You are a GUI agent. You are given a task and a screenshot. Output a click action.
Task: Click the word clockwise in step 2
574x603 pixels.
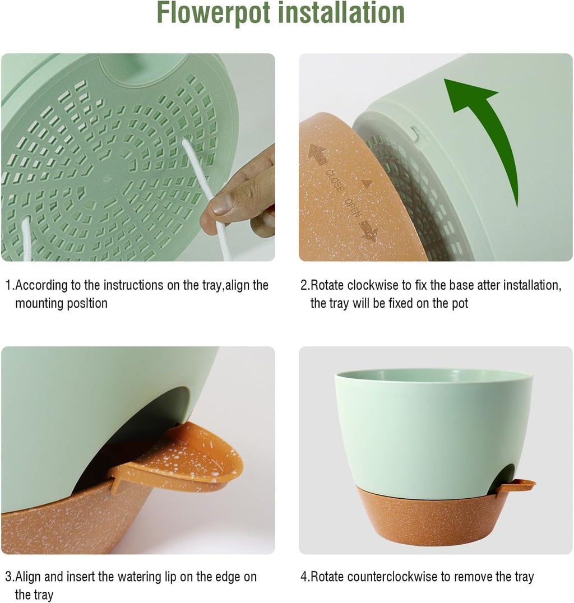pos(369,285)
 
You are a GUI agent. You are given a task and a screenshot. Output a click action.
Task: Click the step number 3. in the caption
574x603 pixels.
pos(10,577)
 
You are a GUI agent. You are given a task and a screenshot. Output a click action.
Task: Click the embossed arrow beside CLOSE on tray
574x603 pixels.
pos(318,155)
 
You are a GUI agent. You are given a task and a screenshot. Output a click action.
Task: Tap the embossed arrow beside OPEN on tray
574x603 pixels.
pos(368,230)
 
